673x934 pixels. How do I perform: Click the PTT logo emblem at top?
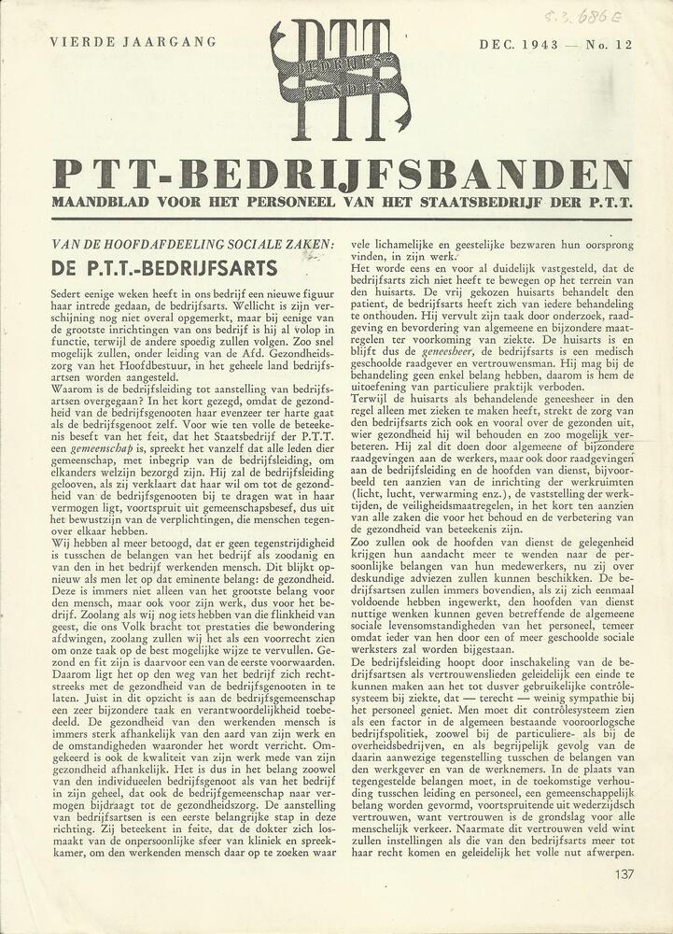point(339,78)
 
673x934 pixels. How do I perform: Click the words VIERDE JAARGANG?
point(133,42)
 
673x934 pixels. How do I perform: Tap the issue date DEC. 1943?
point(520,44)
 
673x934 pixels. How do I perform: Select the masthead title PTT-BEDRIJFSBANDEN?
point(342,174)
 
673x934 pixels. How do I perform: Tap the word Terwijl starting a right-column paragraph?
point(371,399)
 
